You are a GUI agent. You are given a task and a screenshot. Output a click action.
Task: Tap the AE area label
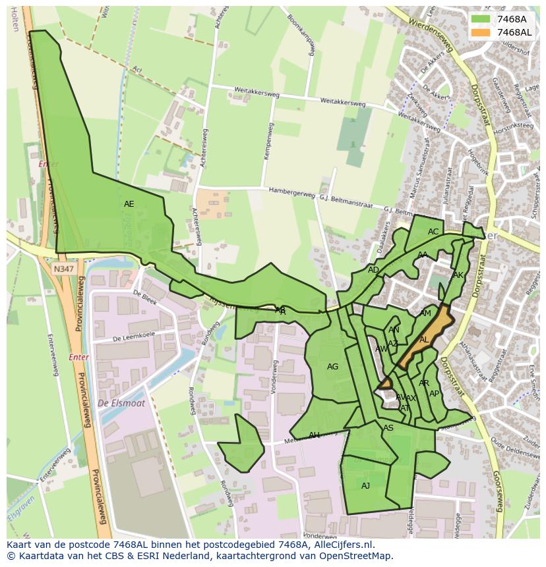click(129, 204)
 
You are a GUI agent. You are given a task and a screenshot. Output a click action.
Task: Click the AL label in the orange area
click(424, 340)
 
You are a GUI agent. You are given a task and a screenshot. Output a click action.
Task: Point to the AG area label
click(332, 367)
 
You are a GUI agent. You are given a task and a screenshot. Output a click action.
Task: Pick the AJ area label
click(365, 486)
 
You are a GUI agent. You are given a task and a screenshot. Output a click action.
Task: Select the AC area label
click(433, 232)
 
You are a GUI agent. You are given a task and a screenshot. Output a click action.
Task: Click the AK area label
click(458, 275)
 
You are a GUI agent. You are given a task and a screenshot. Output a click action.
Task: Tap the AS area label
click(388, 428)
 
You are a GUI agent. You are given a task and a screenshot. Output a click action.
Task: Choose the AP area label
click(434, 394)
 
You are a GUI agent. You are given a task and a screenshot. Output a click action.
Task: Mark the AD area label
click(373, 270)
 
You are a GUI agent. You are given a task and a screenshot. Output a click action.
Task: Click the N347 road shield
click(64, 269)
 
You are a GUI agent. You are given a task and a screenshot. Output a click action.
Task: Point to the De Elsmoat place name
click(121, 403)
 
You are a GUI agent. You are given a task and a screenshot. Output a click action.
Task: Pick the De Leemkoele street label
click(134, 337)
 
